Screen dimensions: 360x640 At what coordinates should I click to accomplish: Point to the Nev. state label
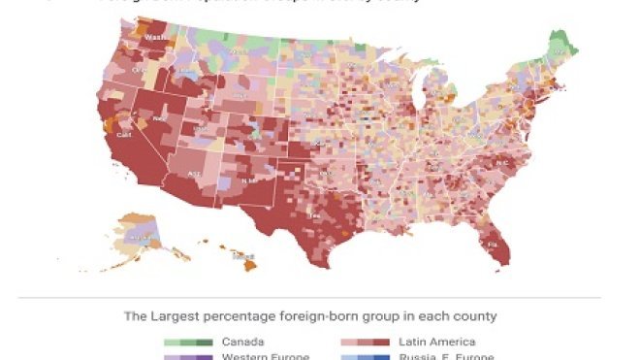[x=158, y=118]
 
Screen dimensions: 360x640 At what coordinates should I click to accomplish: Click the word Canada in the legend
[x=242, y=342]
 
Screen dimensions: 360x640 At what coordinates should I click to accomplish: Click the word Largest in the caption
[x=177, y=316]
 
